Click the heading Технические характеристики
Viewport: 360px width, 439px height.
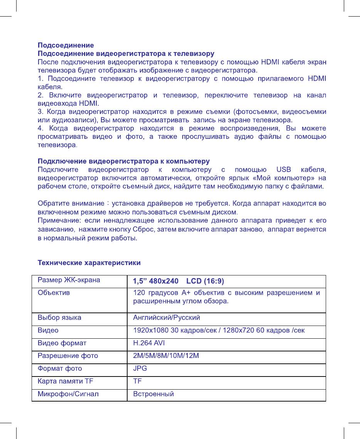(89, 263)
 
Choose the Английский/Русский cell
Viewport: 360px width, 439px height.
(166, 318)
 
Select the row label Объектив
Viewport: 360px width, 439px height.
(54, 293)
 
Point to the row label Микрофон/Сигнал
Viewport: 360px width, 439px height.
(68, 394)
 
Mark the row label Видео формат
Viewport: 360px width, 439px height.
(62, 343)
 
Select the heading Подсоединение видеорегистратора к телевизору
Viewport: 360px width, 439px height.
(126, 53)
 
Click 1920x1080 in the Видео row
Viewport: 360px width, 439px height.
(149, 331)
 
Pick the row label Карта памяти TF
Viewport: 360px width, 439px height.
(65, 381)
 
